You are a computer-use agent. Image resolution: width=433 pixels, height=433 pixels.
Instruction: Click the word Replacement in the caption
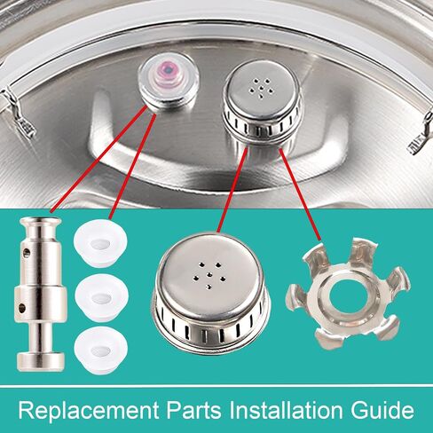click(x=89, y=410)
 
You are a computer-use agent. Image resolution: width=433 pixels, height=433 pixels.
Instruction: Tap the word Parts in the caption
click(x=193, y=410)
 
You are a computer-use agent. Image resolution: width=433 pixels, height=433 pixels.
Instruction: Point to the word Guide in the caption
click(x=382, y=411)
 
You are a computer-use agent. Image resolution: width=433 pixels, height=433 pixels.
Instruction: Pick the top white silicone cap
click(x=100, y=243)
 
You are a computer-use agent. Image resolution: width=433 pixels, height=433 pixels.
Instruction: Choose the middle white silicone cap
click(x=101, y=298)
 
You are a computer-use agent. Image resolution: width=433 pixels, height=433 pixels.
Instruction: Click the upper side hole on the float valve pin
click(x=28, y=253)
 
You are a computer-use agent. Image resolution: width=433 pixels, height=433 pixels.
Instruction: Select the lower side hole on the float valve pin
click(x=21, y=308)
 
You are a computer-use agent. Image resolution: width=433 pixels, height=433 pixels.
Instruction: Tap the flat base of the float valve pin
click(x=41, y=361)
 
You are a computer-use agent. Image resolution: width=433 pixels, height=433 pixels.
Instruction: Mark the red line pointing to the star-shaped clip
click(x=300, y=194)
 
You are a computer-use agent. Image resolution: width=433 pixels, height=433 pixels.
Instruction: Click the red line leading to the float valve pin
click(x=98, y=159)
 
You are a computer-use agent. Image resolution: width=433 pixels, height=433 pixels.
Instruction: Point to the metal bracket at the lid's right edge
click(x=421, y=136)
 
